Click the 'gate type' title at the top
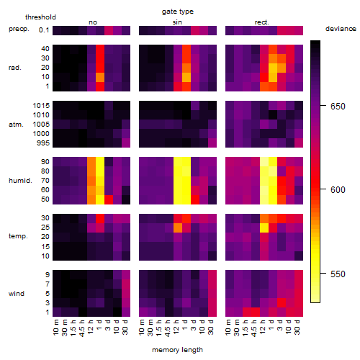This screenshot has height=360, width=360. point(178,12)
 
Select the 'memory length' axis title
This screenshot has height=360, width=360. point(177,350)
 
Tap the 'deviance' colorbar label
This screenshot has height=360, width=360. point(341,29)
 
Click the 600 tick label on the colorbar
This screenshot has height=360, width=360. point(338,189)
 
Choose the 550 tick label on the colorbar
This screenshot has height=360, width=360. point(338,274)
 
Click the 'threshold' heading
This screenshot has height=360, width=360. point(40,17)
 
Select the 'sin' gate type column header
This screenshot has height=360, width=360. point(177,22)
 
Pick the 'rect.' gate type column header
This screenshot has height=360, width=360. point(261,22)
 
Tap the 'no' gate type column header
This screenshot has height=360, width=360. point(93,22)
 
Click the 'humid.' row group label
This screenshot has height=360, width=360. point(20,180)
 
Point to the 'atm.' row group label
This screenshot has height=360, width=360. point(16,125)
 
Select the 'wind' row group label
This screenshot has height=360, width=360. point(17,293)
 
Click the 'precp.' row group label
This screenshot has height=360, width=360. point(19,29)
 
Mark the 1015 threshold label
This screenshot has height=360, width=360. point(41,105)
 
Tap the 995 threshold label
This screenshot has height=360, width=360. point(43,143)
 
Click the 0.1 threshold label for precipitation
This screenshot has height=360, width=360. point(44,30)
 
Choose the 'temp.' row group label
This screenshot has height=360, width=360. point(18,236)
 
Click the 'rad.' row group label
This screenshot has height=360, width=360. point(15,68)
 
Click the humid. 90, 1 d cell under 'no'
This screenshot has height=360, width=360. point(100,162)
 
